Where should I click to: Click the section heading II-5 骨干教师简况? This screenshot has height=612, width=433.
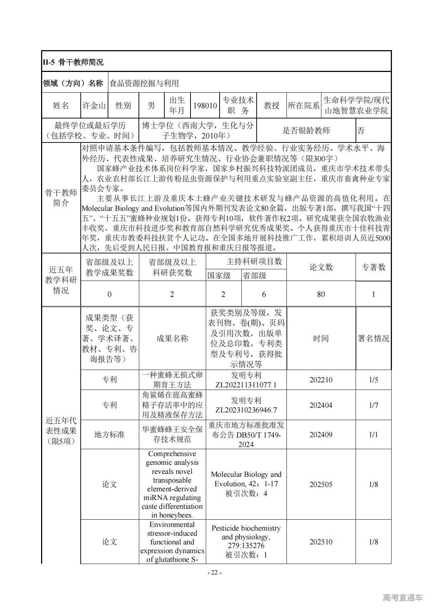[73, 62]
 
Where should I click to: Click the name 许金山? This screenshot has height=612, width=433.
[94, 105]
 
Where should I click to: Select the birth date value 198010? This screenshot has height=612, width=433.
[205, 105]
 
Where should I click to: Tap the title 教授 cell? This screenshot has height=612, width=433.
[272, 105]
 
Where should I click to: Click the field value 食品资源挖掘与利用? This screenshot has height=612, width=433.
[144, 83]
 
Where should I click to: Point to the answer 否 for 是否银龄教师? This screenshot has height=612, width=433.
[361, 130]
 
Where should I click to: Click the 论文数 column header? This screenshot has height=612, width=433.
[321, 267]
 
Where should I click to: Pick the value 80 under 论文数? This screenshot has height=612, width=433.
[321, 294]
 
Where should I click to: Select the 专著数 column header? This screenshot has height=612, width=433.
[373, 267]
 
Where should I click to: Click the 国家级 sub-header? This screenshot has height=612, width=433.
[219, 275]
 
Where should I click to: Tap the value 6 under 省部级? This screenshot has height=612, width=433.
[264, 294]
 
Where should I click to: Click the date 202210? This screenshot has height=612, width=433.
[321, 380]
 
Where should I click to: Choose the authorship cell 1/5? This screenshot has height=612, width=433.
[373, 380]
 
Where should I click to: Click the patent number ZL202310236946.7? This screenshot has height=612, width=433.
[246, 410]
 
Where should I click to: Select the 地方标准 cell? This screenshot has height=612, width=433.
[109, 434]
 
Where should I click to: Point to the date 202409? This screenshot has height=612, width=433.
[321, 434]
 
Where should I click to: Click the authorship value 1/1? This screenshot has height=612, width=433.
[373, 434]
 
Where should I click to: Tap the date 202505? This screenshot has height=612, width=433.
[321, 484]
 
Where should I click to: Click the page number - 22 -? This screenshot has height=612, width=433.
[215, 572]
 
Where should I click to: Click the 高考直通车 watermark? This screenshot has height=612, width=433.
[403, 597]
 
